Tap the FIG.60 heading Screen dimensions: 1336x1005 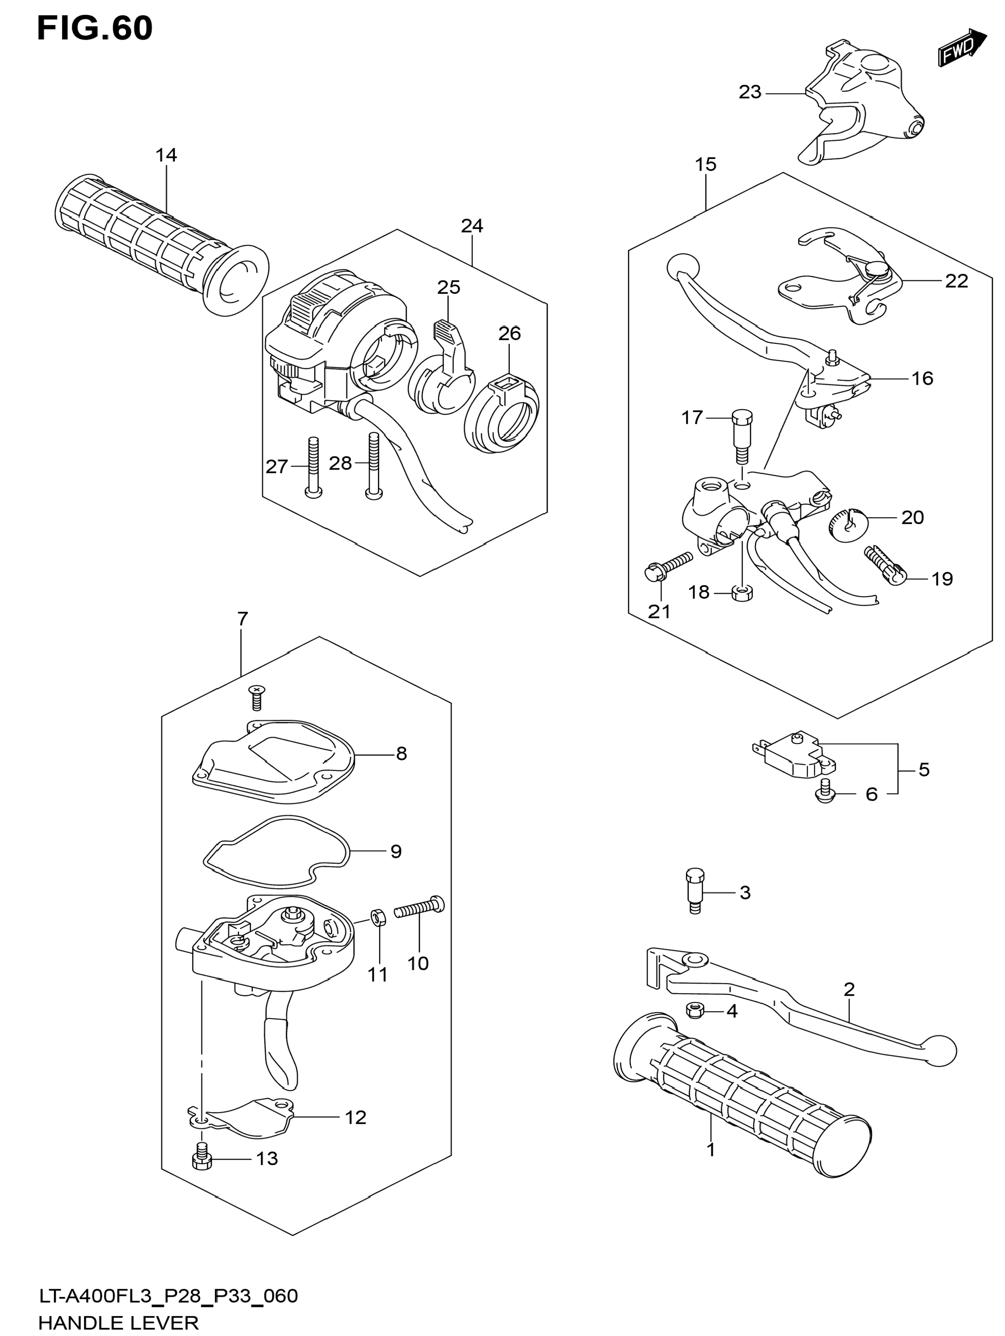click(95, 28)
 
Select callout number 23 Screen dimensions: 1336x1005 click(750, 92)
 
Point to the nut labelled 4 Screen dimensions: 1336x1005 click(696, 1010)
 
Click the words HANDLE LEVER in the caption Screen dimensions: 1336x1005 click(119, 1323)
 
